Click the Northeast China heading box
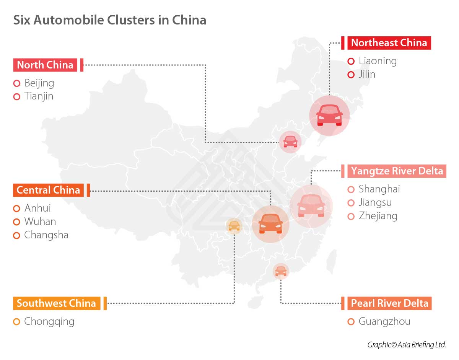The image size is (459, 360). click(x=389, y=42)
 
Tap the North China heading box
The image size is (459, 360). click(x=45, y=65)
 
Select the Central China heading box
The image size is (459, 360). click(x=49, y=190)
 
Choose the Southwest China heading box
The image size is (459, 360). click(x=57, y=303)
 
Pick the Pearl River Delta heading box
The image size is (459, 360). click(x=389, y=303)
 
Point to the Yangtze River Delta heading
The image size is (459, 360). click(x=397, y=171)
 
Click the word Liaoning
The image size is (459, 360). click(x=378, y=61)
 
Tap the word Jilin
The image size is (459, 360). click(x=367, y=74)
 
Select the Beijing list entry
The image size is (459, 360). click(x=39, y=83)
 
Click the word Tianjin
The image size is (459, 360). click(x=39, y=96)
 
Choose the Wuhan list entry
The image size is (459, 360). click(x=40, y=222)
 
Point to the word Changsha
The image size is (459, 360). click(x=46, y=235)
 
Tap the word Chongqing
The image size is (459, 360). click(x=49, y=321)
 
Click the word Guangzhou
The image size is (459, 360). click(x=384, y=321)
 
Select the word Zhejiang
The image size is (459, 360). click(x=378, y=216)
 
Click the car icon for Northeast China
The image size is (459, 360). click(x=329, y=115)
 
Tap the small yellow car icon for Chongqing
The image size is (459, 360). click(x=234, y=226)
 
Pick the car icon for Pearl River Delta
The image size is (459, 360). click(x=280, y=271)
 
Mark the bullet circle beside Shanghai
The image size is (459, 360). click(x=351, y=189)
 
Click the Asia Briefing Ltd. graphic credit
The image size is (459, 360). click(x=407, y=344)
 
